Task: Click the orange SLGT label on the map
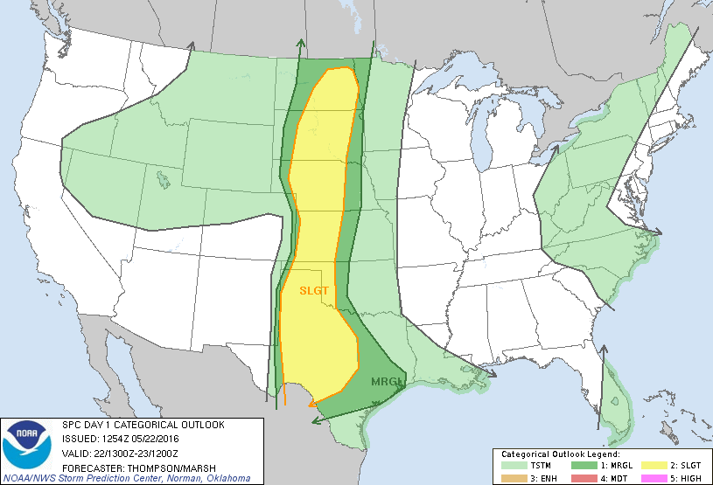point(313,289)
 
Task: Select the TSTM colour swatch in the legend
point(513,466)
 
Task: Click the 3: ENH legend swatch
point(513,477)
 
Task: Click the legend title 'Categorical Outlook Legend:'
point(561,454)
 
